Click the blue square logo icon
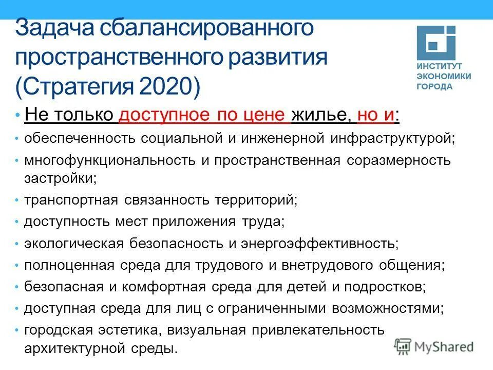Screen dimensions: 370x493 coord(435,44)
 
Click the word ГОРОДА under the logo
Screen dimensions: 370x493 coord(434,86)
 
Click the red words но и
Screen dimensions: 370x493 coord(376,115)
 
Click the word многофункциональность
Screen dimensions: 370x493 coord(109,160)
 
